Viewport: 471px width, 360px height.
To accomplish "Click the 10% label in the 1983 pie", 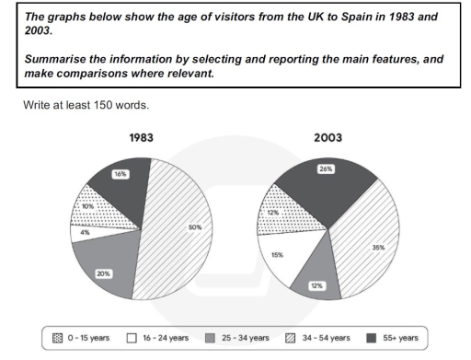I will (x=87, y=205).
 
